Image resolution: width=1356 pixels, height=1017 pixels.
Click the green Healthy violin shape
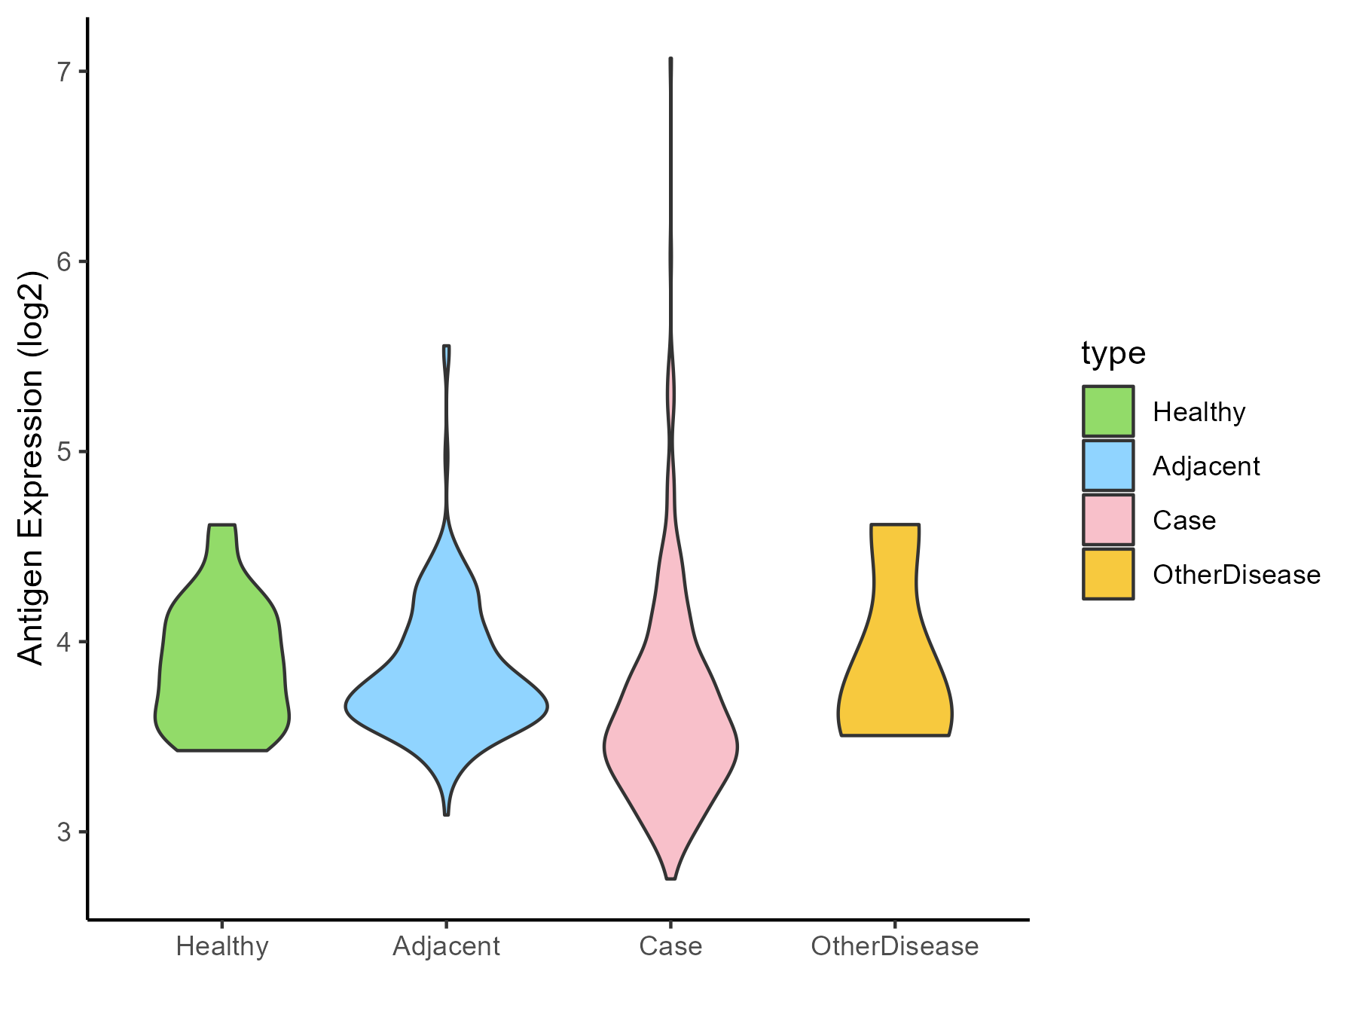click(222, 663)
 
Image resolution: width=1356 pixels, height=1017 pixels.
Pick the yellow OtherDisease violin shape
click(895, 678)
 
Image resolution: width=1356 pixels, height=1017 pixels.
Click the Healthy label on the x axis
click(222, 946)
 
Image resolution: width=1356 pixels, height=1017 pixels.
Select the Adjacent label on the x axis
click(447, 946)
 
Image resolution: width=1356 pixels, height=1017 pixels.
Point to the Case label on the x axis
click(670, 946)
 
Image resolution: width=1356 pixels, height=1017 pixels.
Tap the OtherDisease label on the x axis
click(895, 946)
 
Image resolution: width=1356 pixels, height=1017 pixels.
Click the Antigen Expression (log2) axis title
click(32, 467)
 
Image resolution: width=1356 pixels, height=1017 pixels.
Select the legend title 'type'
click(1113, 353)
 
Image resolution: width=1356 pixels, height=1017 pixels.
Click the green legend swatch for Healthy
click(1108, 411)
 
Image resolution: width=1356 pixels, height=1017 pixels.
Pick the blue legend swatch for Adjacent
click(1108, 466)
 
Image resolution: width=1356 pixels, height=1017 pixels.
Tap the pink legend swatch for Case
click(1108, 520)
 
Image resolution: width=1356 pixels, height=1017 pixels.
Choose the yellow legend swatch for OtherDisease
click(1108, 574)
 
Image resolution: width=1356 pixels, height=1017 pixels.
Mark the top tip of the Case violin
click(670, 59)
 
